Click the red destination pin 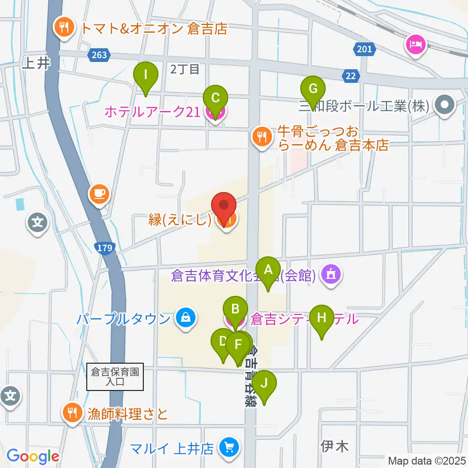224,208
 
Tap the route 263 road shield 98,55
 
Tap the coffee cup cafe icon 98,194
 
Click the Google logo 33,457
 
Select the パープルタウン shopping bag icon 186,319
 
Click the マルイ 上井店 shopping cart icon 228,447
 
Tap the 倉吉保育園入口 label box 115,377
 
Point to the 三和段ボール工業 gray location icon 445,104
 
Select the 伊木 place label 335,446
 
